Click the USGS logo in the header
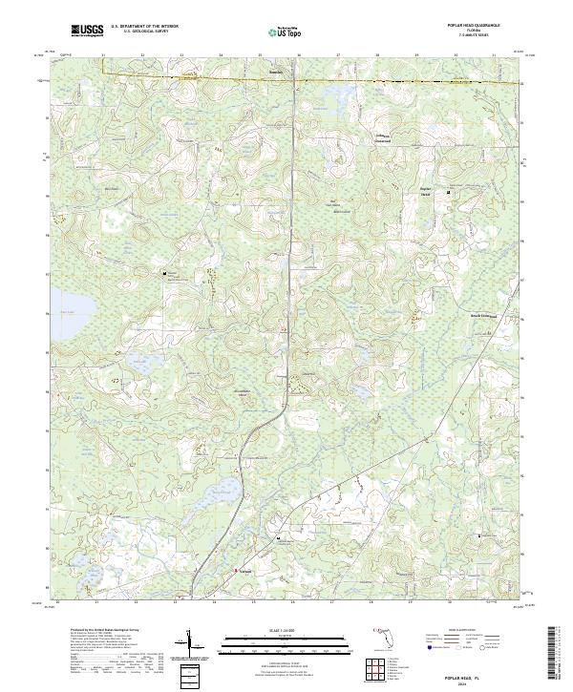[87, 31]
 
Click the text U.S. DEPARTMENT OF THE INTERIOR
[144, 27]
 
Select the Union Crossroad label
[379, 137]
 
